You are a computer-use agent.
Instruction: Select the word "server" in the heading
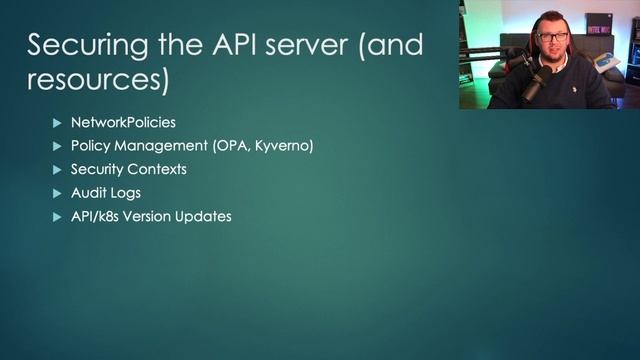(322, 45)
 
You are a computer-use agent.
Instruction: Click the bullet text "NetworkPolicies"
(123, 122)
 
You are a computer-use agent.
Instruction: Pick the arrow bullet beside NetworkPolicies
(57, 122)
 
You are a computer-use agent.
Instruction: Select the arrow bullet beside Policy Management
(57, 146)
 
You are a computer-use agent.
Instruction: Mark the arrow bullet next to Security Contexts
(57, 169)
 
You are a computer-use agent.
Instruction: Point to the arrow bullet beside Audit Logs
(57, 192)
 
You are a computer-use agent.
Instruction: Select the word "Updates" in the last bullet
(205, 216)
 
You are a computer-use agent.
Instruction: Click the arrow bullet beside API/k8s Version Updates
(57, 216)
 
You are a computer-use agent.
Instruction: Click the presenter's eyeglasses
(552, 37)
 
